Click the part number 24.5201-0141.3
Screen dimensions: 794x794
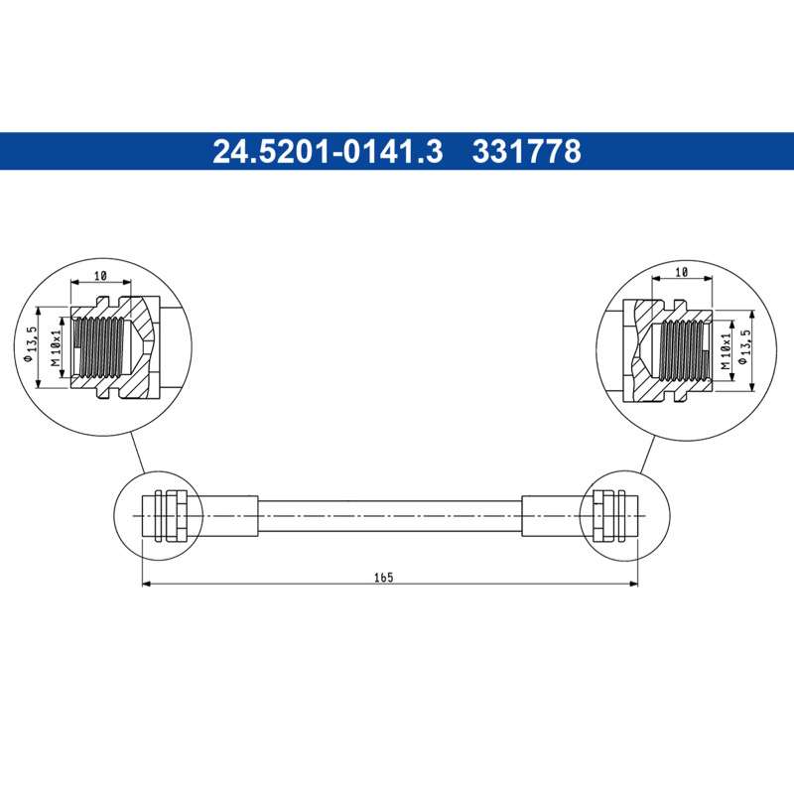tap(328, 152)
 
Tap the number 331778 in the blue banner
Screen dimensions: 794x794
tap(527, 152)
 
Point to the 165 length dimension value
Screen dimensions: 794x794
tap(383, 578)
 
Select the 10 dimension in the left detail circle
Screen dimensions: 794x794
tap(100, 276)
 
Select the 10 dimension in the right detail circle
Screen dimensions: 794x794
tap(682, 272)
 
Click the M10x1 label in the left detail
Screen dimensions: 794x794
tap(56, 347)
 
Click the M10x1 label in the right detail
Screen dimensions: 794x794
tap(726, 351)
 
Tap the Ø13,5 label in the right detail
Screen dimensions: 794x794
tap(742, 346)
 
